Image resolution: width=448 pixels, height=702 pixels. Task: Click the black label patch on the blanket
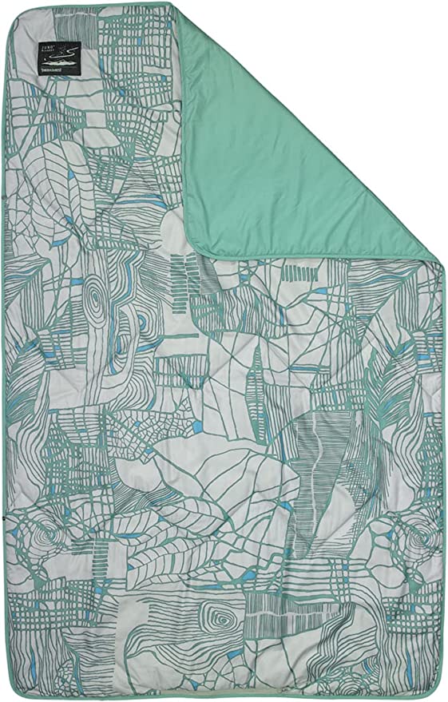[62, 60]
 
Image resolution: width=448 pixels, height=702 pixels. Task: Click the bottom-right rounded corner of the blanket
[435, 688]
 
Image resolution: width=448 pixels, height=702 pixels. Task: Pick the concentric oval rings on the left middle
[97, 303]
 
